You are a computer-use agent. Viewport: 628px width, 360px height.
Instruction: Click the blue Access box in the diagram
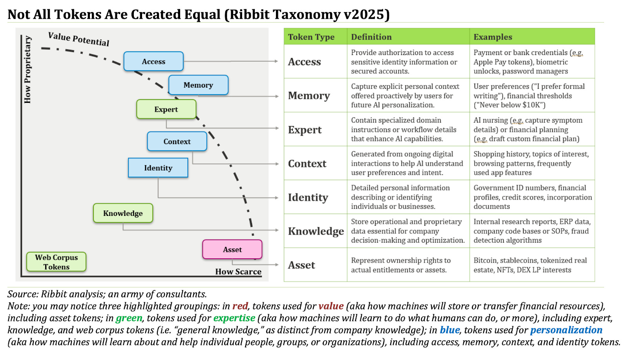(153, 62)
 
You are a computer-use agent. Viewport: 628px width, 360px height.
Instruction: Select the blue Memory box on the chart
(198, 85)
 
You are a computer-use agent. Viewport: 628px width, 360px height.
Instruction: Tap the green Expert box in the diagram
(166, 110)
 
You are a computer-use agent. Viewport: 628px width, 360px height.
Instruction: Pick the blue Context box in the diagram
(177, 142)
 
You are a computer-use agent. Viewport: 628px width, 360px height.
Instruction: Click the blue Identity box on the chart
(158, 168)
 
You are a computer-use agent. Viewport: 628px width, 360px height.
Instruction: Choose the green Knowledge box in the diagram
(123, 213)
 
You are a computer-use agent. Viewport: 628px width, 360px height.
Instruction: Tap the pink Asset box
(232, 250)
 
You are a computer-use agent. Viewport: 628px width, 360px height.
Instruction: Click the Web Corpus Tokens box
(57, 262)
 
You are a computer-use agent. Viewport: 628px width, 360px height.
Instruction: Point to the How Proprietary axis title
(27, 69)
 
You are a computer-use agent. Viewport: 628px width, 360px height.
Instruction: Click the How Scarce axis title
(238, 272)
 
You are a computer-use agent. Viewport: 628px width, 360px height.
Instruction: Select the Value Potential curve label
(78, 39)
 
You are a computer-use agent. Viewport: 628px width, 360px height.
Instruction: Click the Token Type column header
(311, 37)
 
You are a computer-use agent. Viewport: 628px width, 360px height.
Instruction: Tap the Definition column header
(371, 37)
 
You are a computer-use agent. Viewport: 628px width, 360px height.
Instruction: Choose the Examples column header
(493, 37)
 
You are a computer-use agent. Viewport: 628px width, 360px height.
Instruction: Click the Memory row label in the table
(309, 96)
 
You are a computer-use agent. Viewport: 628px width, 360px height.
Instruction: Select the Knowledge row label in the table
(316, 231)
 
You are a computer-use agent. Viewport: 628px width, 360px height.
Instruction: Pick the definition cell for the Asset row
(400, 265)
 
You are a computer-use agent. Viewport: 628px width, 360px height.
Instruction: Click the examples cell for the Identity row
(532, 197)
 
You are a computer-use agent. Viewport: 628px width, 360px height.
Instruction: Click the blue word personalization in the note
(566, 330)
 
